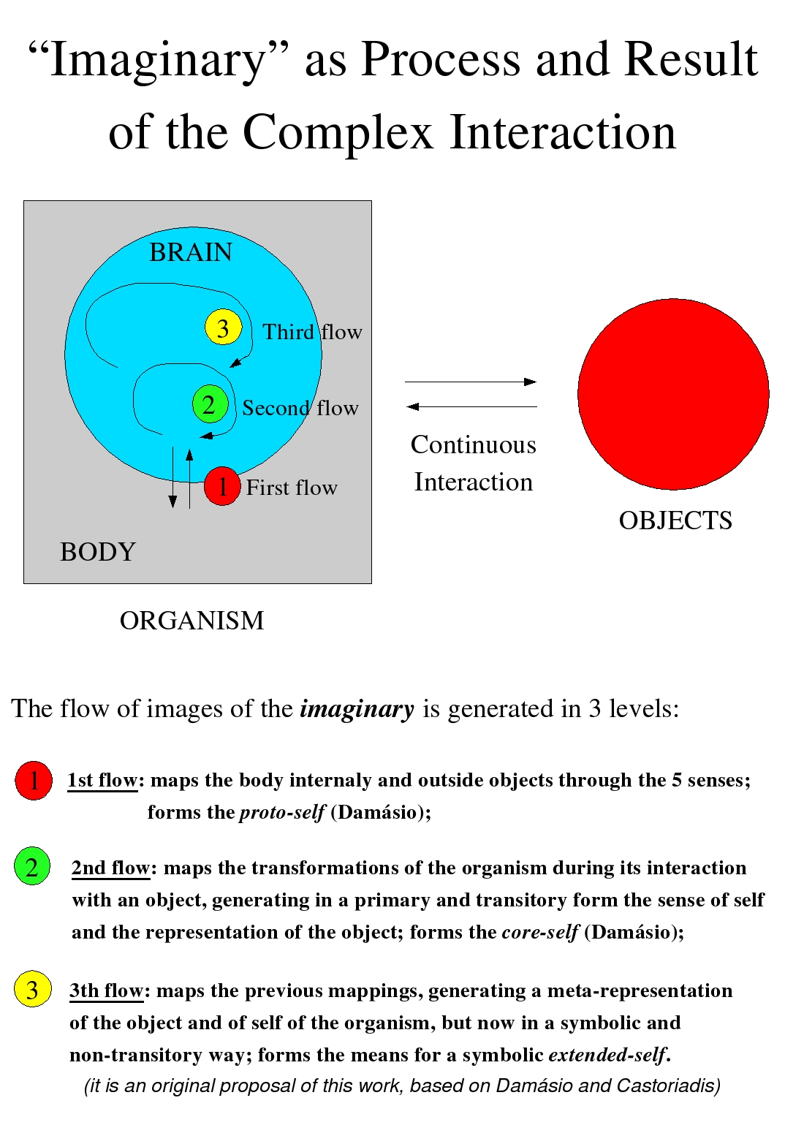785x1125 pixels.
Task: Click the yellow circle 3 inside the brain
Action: (223, 327)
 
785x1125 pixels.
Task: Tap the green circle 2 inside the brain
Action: (210, 404)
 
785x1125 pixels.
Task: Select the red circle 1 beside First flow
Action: (222, 486)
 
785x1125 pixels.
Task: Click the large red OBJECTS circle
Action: (673, 394)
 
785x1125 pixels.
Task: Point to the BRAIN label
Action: (191, 252)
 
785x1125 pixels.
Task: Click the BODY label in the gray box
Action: (98, 552)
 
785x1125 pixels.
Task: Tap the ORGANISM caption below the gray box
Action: (191, 621)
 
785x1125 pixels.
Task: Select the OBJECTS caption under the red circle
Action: (675, 520)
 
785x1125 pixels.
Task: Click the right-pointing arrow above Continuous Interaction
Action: (471, 382)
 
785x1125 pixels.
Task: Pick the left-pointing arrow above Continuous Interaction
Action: (471, 406)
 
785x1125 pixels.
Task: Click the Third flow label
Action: (312, 332)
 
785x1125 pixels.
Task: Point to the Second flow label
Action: (300, 408)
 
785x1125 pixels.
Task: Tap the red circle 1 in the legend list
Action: (34, 781)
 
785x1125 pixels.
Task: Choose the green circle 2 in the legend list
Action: (32, 867)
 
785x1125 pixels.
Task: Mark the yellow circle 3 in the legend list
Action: (33, 990)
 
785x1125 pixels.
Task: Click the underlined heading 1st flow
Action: (102, 781)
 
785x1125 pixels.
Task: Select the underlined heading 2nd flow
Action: (110, 868)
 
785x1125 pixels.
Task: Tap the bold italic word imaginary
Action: (357, 709)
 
